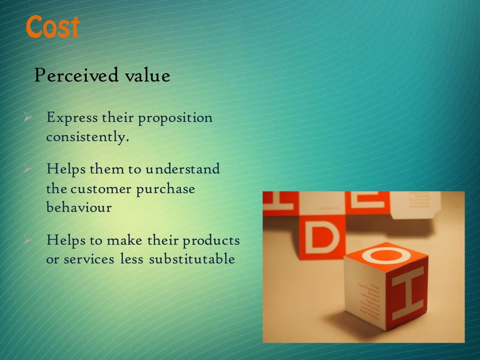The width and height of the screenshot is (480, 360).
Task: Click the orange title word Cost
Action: pos(52,27)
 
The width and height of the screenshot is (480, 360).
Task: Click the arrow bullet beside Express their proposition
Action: pos(27,118)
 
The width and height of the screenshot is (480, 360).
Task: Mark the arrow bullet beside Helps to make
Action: pos(27,241)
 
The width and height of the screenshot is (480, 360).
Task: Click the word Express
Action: pos(71,118)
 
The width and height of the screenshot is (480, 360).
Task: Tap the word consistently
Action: pos(87,138)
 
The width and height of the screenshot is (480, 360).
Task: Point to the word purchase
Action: pos(165,190)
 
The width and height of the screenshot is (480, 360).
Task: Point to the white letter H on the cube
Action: pos(407,292)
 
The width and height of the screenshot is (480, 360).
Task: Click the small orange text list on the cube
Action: pos(370,300)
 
